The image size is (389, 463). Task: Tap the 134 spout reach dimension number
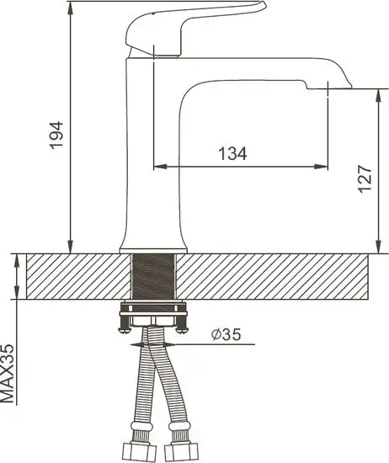click(232, 153)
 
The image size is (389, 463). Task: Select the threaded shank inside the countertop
click(153, 277)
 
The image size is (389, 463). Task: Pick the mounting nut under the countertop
click(153, 317)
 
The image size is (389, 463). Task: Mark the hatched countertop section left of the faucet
click(72, 277)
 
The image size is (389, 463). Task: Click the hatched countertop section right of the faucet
click(278, 277)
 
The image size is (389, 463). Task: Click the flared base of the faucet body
click(153, 240)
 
